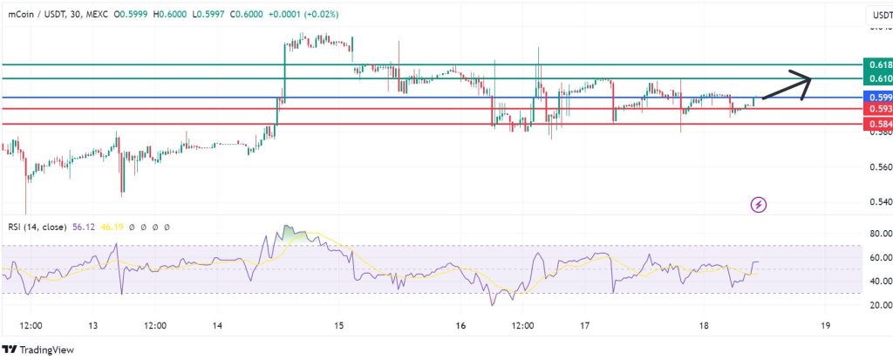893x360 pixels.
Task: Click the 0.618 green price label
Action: (x=876, y=65)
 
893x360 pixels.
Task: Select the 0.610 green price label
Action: (x=876, y=79)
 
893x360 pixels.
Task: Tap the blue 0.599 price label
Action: (x=876, y=97)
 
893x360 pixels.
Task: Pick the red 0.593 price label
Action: (x=876, y=109)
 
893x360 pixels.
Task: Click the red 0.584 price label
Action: (x=876, y=125)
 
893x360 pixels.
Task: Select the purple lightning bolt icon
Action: (x=759, y=205)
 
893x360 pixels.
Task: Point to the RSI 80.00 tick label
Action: (x=876, y=234)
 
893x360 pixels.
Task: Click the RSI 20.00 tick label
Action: (x=876, y=305)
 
